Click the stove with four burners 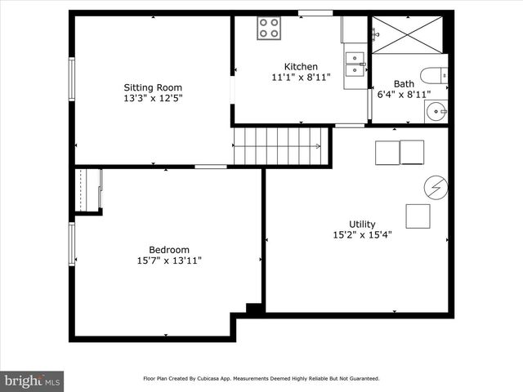point(270,28)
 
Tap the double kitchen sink point(355,59)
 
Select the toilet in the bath point(433,76)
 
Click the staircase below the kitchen point(277,146)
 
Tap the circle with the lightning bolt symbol point(436,188)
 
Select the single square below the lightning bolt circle point(418,216)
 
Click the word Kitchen point(301,67)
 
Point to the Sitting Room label point(153,87)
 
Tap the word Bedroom point(169,250)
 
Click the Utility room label point(362,224)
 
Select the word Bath point(404,83)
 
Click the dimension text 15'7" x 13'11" point(169,261)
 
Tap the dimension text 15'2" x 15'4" point(362,234)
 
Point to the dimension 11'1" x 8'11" point(301,78)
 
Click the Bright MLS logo point(33,381)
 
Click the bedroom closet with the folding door point(88,190)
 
